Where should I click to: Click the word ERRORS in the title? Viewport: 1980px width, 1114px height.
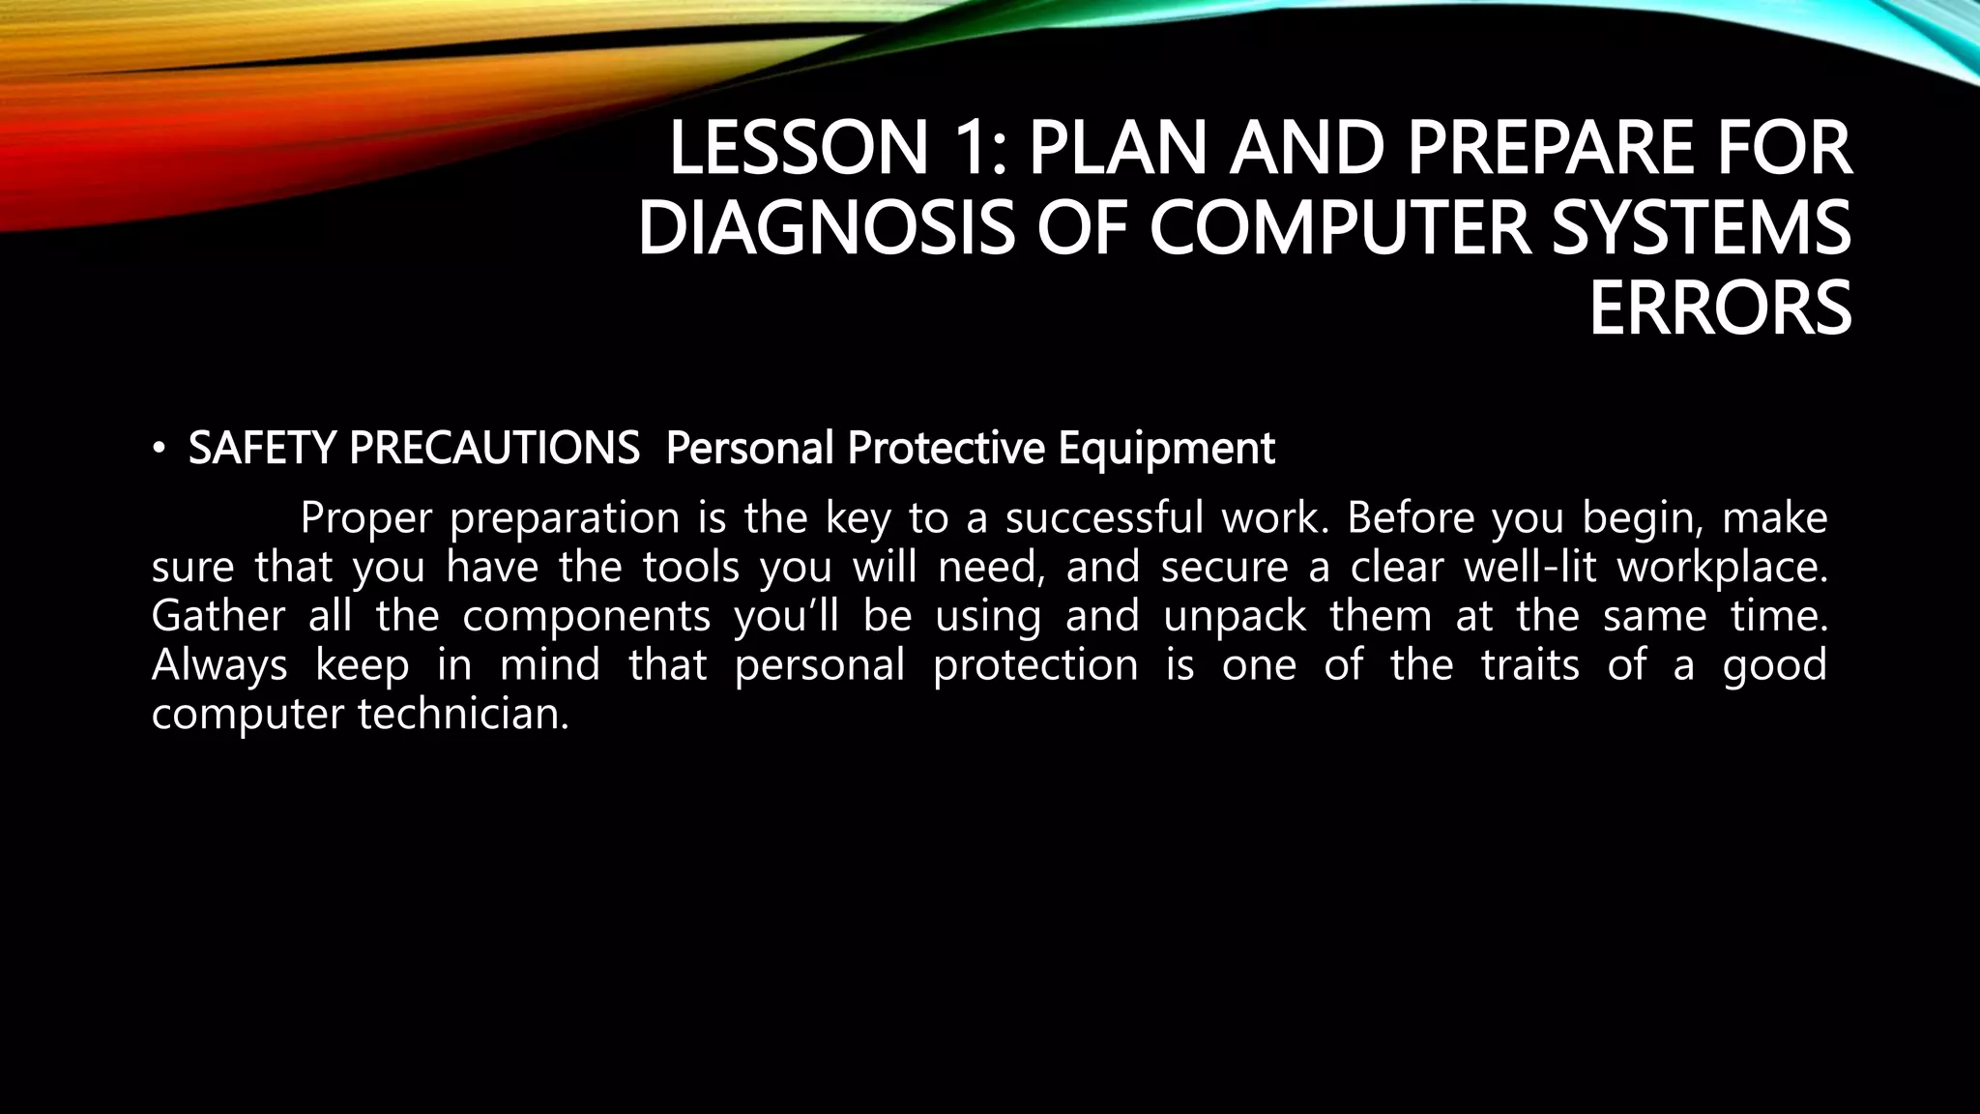click(1720, 308)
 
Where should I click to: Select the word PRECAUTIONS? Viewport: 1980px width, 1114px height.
click(493, 448)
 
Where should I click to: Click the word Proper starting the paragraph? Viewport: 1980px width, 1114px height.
click(365, 519)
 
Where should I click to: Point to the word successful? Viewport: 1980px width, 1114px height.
click(1101, 518)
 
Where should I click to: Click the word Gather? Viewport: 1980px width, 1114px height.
click(218, 617)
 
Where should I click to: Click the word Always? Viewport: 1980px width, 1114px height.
click(219, 666)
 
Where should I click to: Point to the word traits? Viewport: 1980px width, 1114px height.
click(1530, 665)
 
